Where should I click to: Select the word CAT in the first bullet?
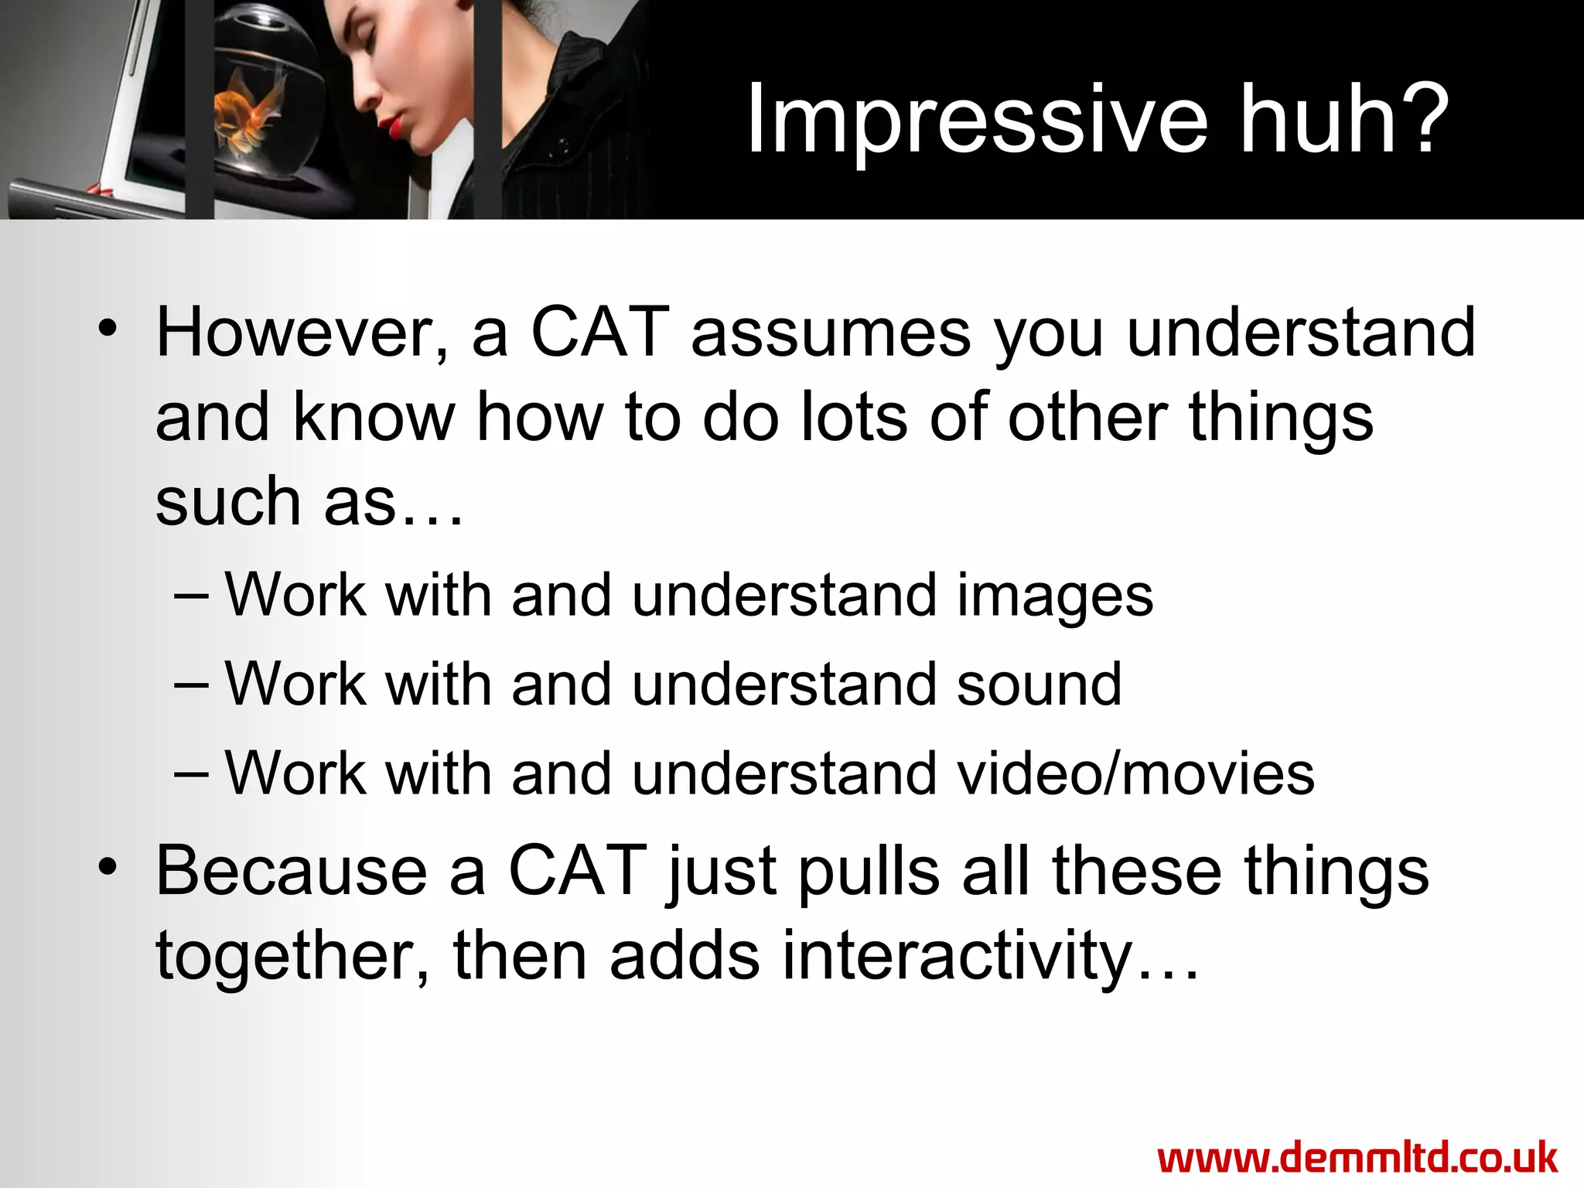tap(599, 333)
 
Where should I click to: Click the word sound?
tap(1039, 684)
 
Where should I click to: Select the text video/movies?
tap(1136, 773)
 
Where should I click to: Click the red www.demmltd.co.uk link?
tap(1357, 1159)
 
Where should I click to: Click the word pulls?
tap(868, 872)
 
